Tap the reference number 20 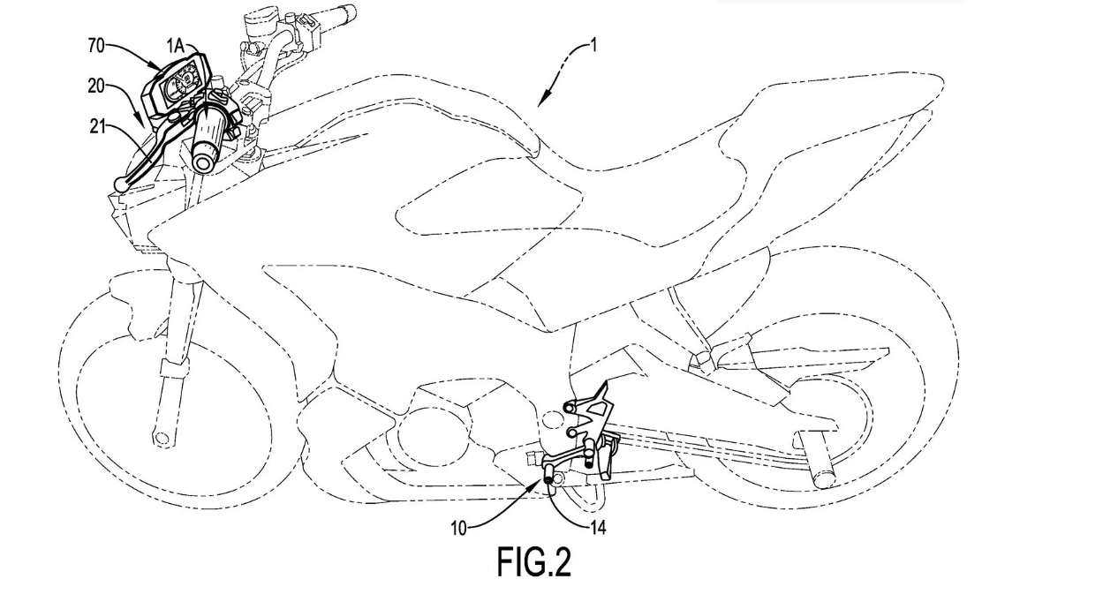click(x=98, y=86)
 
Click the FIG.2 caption click(x=533, y=562)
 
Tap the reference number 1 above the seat click(x=593, y=44)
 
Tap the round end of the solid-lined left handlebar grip click(x=206, y=162)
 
